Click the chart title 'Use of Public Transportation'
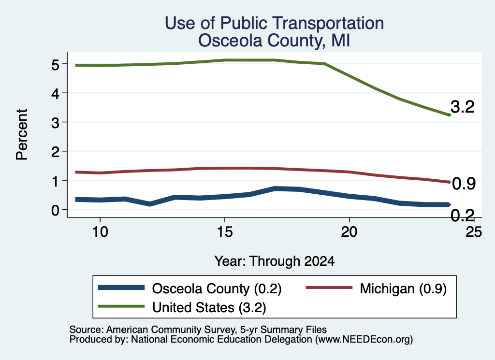coord(275,23)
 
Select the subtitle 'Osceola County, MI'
coord(274,41)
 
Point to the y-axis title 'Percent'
coord(22,134)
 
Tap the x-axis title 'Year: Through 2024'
coord(275,261)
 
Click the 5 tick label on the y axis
coord(55,65)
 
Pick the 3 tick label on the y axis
coord(55,123)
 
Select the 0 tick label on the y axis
coord(55,210)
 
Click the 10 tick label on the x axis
coord(100,232)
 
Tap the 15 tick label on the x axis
coord(224,232)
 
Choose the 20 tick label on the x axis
coord(349,232)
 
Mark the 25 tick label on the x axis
coord(474,232)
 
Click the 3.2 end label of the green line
coord(463,107)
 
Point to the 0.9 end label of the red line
coord(464,184)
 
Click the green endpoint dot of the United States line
coord(449,115)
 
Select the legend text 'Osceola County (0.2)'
coord(217,288)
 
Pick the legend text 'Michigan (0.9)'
coord(403,288)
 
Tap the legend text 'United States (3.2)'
coord(209,307)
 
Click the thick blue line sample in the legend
coord(121,288)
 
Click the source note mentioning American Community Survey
coord(198,330)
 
